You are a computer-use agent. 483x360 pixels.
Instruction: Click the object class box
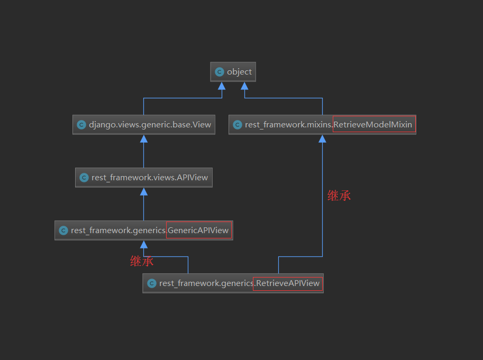coord(233,72)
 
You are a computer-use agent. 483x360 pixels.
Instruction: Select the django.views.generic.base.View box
coord(144,125)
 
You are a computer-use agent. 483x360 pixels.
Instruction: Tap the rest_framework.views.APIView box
coord(144,178)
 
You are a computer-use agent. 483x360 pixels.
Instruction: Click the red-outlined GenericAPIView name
coord(198,230)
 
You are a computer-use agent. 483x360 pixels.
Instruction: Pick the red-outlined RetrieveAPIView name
coord(288,283)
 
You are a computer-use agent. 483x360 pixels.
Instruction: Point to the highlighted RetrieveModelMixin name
coord(373,125)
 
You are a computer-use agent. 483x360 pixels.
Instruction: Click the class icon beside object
coord(220,72)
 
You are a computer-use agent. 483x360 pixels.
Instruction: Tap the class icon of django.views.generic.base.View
coord(81,125)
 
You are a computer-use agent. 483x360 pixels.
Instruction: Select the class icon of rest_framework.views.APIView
coord(84,178)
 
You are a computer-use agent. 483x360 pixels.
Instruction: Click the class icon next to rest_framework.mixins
coord(238,125)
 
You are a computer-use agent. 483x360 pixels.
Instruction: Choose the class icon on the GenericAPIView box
coord(63,230)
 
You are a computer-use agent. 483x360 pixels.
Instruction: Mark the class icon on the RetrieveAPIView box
coord(152,283)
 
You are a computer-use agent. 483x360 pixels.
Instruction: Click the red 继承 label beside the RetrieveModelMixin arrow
coord(339,196)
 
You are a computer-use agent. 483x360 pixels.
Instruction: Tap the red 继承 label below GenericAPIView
coord(142,261)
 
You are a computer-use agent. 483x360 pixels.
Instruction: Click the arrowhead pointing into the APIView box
coord(144,191)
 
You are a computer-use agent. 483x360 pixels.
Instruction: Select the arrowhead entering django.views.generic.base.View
coord(144,139)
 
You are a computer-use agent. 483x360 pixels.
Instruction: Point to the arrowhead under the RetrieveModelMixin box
coord(322,139)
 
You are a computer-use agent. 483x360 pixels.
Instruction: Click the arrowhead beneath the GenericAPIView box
coord(144,244)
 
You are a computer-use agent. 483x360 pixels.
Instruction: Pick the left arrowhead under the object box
coord(222,86)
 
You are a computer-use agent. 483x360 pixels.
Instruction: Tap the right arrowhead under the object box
coord(244,86)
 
